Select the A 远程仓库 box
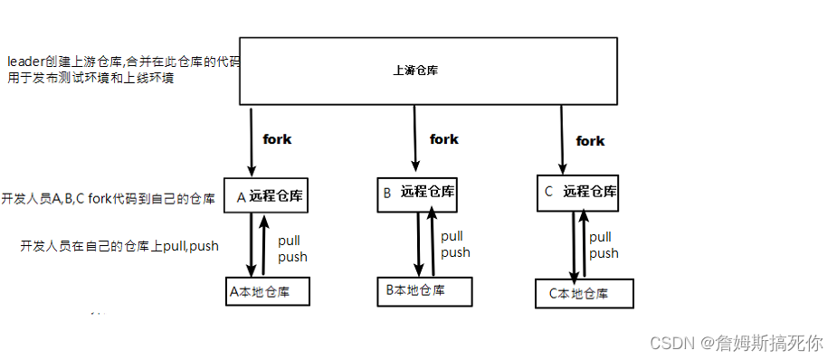point(268,194)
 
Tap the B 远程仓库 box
point(416,192)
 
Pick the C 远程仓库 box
point(578,192)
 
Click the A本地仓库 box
point(268,291)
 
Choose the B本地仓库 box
point(423,290)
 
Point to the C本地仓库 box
point(584,293)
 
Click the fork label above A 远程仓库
point(277,139)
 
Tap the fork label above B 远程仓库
point(443,138)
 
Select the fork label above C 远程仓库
point(590,140)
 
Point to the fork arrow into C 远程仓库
point(562,139)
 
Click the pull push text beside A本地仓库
point(292,249)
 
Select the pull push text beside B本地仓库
point(455,244)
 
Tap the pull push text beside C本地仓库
point(604,245)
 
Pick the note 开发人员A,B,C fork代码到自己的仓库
point(109,198)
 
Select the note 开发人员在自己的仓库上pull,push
point(119,246)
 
